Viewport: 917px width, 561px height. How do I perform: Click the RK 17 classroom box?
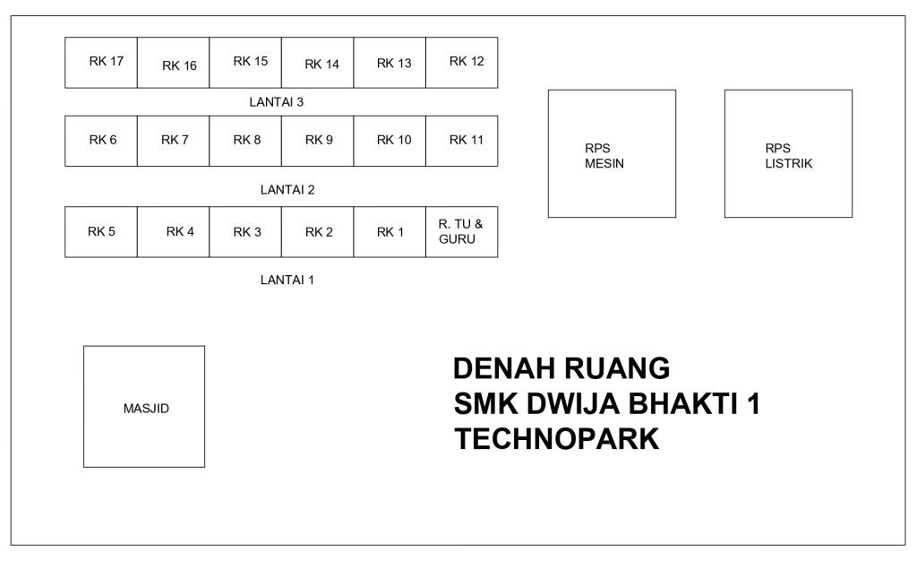tap(101, 63)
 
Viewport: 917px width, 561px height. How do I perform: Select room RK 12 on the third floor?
tap(462, 63)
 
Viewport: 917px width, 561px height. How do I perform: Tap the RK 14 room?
tap(318, 63)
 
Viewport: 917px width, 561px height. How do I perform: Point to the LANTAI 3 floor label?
tap(277, 102)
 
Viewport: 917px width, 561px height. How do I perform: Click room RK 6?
tap(101, 141)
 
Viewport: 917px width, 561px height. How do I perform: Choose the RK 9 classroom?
tap(318, 141)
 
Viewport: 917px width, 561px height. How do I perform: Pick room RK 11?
tap(462, 141)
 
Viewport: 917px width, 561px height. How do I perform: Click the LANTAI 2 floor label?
tap(287, 189)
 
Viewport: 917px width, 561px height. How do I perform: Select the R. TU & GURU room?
tap(462, 231)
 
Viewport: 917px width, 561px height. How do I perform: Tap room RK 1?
tap(390, 231)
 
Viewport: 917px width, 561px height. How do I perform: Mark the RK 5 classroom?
tap(101, 231)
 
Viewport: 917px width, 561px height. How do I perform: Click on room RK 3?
tap(245, 231)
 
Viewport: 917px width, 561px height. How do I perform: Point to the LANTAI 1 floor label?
tap(287, 280)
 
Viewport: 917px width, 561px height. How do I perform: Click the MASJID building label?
tap(146, 409)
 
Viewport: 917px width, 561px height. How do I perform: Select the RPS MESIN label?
tap(604, 156)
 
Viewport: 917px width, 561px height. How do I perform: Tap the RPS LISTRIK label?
tap(788, 156)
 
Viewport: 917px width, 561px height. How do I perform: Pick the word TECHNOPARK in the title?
tap(557, 439)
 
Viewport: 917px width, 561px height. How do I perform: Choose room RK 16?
tap(173, 63)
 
